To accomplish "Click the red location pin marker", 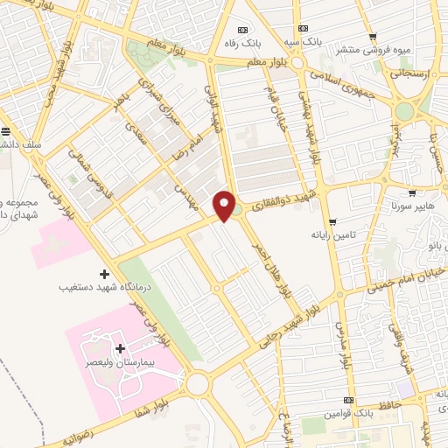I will click(x=225, y=206).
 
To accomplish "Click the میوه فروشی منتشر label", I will click(x=380, y=49).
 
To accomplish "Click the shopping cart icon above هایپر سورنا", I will click(x=411, y=192).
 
